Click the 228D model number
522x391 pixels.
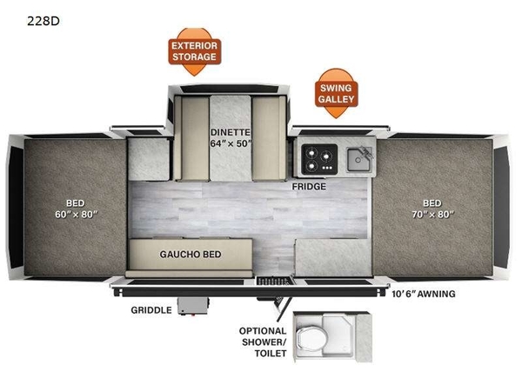[x=43, y=21]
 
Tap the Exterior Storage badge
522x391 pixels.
[x=194, y=51]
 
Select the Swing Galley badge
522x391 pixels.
[x=336, y=94]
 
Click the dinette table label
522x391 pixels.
[x=231, y=137]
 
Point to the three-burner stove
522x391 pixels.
[x=319, y=159]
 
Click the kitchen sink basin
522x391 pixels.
[x=358, y=160]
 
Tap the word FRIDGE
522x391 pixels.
[x=309, y=187]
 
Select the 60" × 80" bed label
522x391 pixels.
[x=77, y=209]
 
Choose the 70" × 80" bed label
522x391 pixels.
[x=432, y=209]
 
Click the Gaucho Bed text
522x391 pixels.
[x=191, y=255]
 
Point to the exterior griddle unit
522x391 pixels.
[x=193, y=306]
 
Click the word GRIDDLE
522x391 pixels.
[x=151, y=310]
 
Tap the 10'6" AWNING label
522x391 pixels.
[x=424, y=294]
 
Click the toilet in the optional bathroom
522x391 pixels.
[x=311, y=340]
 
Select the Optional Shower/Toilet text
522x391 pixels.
[x=263, y=342]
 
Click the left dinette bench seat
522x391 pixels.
[x=191, y=138]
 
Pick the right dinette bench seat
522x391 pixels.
[x=269, y=138]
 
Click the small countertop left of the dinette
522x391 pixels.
[x=149, y=160]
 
